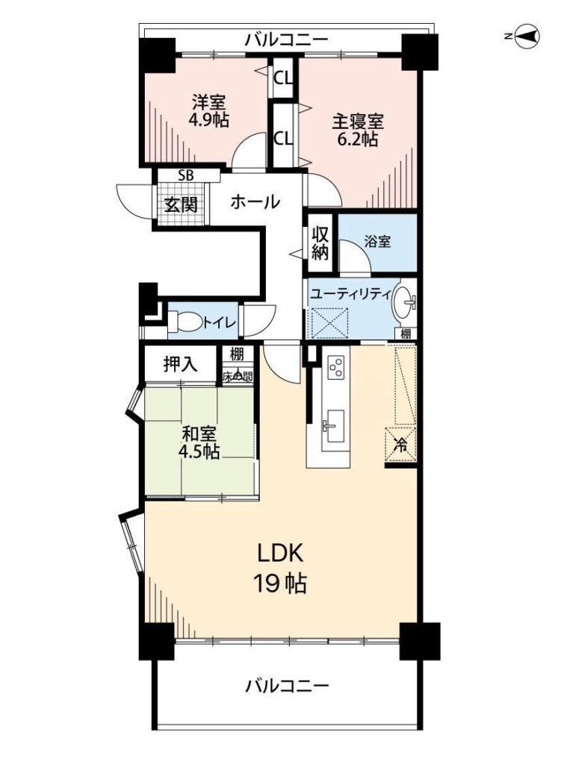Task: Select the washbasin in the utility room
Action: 405,301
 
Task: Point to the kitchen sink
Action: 335,426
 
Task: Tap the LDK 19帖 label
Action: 280,568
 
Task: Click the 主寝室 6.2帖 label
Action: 358,130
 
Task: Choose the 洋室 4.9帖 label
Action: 209,111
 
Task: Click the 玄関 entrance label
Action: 181,204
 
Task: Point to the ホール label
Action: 255,201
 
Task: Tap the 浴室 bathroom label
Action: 377,241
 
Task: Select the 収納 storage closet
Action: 320,243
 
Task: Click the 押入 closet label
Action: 180,363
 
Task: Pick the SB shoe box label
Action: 185,176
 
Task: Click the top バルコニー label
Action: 287,40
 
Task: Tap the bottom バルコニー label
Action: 287,686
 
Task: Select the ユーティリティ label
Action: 350,294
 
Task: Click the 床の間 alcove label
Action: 238,376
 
